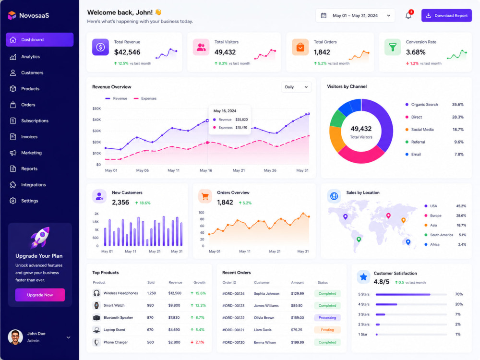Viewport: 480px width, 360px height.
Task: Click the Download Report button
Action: pos(446,15)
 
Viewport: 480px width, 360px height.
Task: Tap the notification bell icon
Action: pos(408,15)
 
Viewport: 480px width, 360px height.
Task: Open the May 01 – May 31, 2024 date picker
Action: pos(355,16)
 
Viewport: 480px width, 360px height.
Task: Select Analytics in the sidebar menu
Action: pos(30,57)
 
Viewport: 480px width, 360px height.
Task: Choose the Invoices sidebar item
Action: pos(29,137)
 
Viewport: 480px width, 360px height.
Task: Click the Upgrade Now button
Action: pos(40,295)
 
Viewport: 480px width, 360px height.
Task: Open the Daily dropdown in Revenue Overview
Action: pos(296,87)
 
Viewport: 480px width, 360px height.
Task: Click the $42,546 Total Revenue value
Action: pos(127,52)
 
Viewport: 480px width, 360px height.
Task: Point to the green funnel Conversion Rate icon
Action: pos(393,47)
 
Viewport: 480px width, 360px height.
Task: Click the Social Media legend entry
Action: pos(422,130)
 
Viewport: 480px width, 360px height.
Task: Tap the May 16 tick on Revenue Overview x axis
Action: pos(206,170)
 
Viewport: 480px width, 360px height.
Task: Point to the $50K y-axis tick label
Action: pos(96,108)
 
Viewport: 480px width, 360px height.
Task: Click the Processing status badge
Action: pos(327,318)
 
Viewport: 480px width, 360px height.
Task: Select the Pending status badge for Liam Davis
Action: pos(327,330)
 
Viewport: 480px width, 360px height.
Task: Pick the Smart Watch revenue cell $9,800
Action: pos(174,305)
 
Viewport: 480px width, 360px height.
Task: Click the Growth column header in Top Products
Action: pos(199,283)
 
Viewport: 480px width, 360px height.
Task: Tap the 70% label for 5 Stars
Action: pos(458,294)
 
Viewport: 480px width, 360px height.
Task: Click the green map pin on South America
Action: pos(359,239)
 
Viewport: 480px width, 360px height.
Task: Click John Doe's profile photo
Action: pos(15,337)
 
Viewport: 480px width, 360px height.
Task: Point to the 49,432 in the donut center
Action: pos(361,129)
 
